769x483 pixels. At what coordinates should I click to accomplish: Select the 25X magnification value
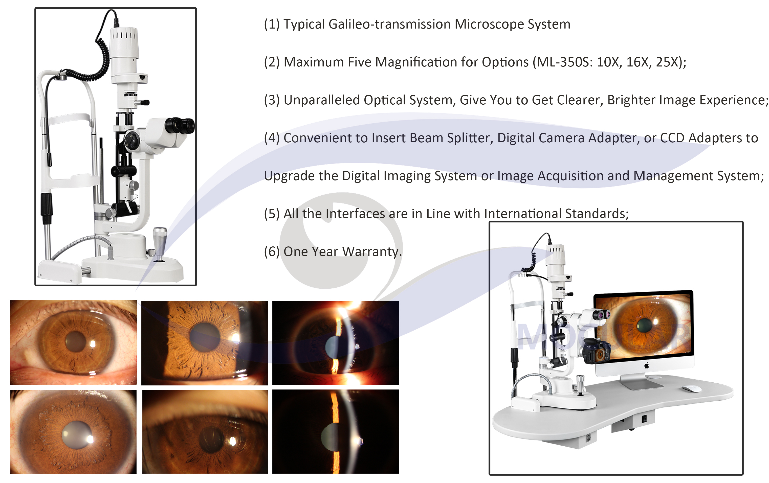coord(667,62)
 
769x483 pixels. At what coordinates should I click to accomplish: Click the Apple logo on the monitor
coord(647,365)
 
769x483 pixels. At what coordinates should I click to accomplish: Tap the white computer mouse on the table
coord(692,389)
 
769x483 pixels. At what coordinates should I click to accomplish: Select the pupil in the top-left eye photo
coord(75,341)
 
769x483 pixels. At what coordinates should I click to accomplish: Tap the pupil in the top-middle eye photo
coord(205,337)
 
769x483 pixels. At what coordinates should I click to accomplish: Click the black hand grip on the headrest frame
coord(47,208)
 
